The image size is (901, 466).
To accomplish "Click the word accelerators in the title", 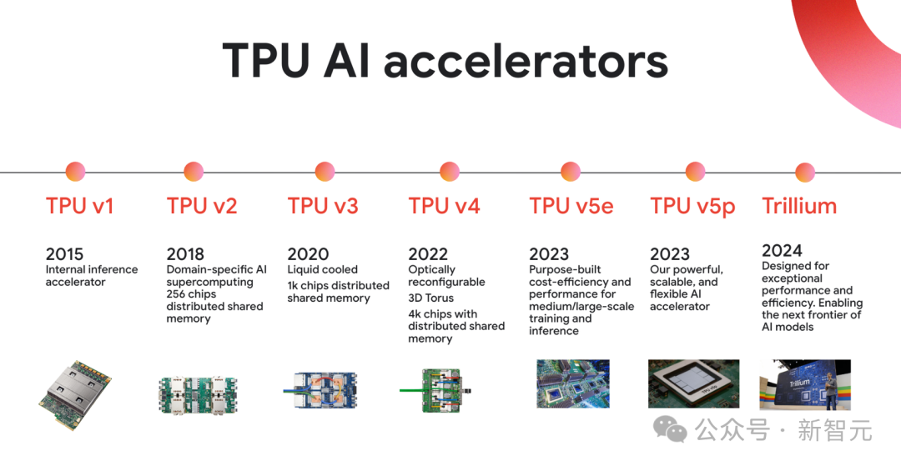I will (526, 63).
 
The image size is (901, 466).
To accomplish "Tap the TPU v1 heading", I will (79, 206).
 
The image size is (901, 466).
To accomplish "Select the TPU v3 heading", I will (323, 206).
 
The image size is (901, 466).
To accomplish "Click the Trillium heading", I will (799, 206).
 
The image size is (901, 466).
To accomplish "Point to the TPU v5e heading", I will (571, 206).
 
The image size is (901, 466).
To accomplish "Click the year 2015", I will (65, 254).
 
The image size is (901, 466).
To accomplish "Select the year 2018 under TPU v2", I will (185, 254).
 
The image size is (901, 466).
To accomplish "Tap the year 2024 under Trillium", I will (782, 250).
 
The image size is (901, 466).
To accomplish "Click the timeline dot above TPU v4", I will (449, 172).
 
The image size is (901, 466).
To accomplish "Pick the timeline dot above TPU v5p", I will (695, 172).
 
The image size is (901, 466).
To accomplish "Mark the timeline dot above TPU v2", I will (194, 172).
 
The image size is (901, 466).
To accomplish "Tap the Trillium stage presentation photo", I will (804, 384).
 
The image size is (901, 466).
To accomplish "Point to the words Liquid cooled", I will (322, 270).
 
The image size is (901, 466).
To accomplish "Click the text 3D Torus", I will (430, 298).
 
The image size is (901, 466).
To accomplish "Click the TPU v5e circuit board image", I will (572, 383).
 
